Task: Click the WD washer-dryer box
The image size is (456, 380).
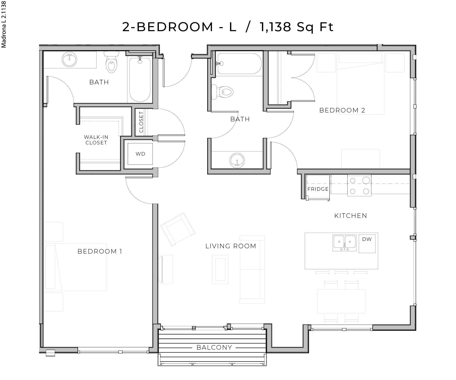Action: tap(140, 154)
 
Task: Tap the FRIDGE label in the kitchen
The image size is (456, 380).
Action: tap(318, 189)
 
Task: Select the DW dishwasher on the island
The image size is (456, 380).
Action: tap(367, 243)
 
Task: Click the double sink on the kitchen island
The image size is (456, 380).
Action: tap(344, 243)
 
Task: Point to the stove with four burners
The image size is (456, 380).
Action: tap(359, 185)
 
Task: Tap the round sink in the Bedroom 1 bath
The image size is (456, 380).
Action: tap(69, 60)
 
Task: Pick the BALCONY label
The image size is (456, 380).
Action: tap(214, 347)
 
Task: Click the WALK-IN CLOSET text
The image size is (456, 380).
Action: tap(96, 140)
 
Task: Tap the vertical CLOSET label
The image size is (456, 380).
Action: tap(141, 122)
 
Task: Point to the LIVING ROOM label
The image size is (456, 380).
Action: tap(231, 246)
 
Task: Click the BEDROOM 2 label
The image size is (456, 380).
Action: tap(342, 110)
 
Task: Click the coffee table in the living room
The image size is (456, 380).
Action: tap(220, 269)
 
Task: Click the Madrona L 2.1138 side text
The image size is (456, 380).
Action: tap(4, 24)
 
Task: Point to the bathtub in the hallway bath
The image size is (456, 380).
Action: tap(238, 63)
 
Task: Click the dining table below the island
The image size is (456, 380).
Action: tap(341, 301)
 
